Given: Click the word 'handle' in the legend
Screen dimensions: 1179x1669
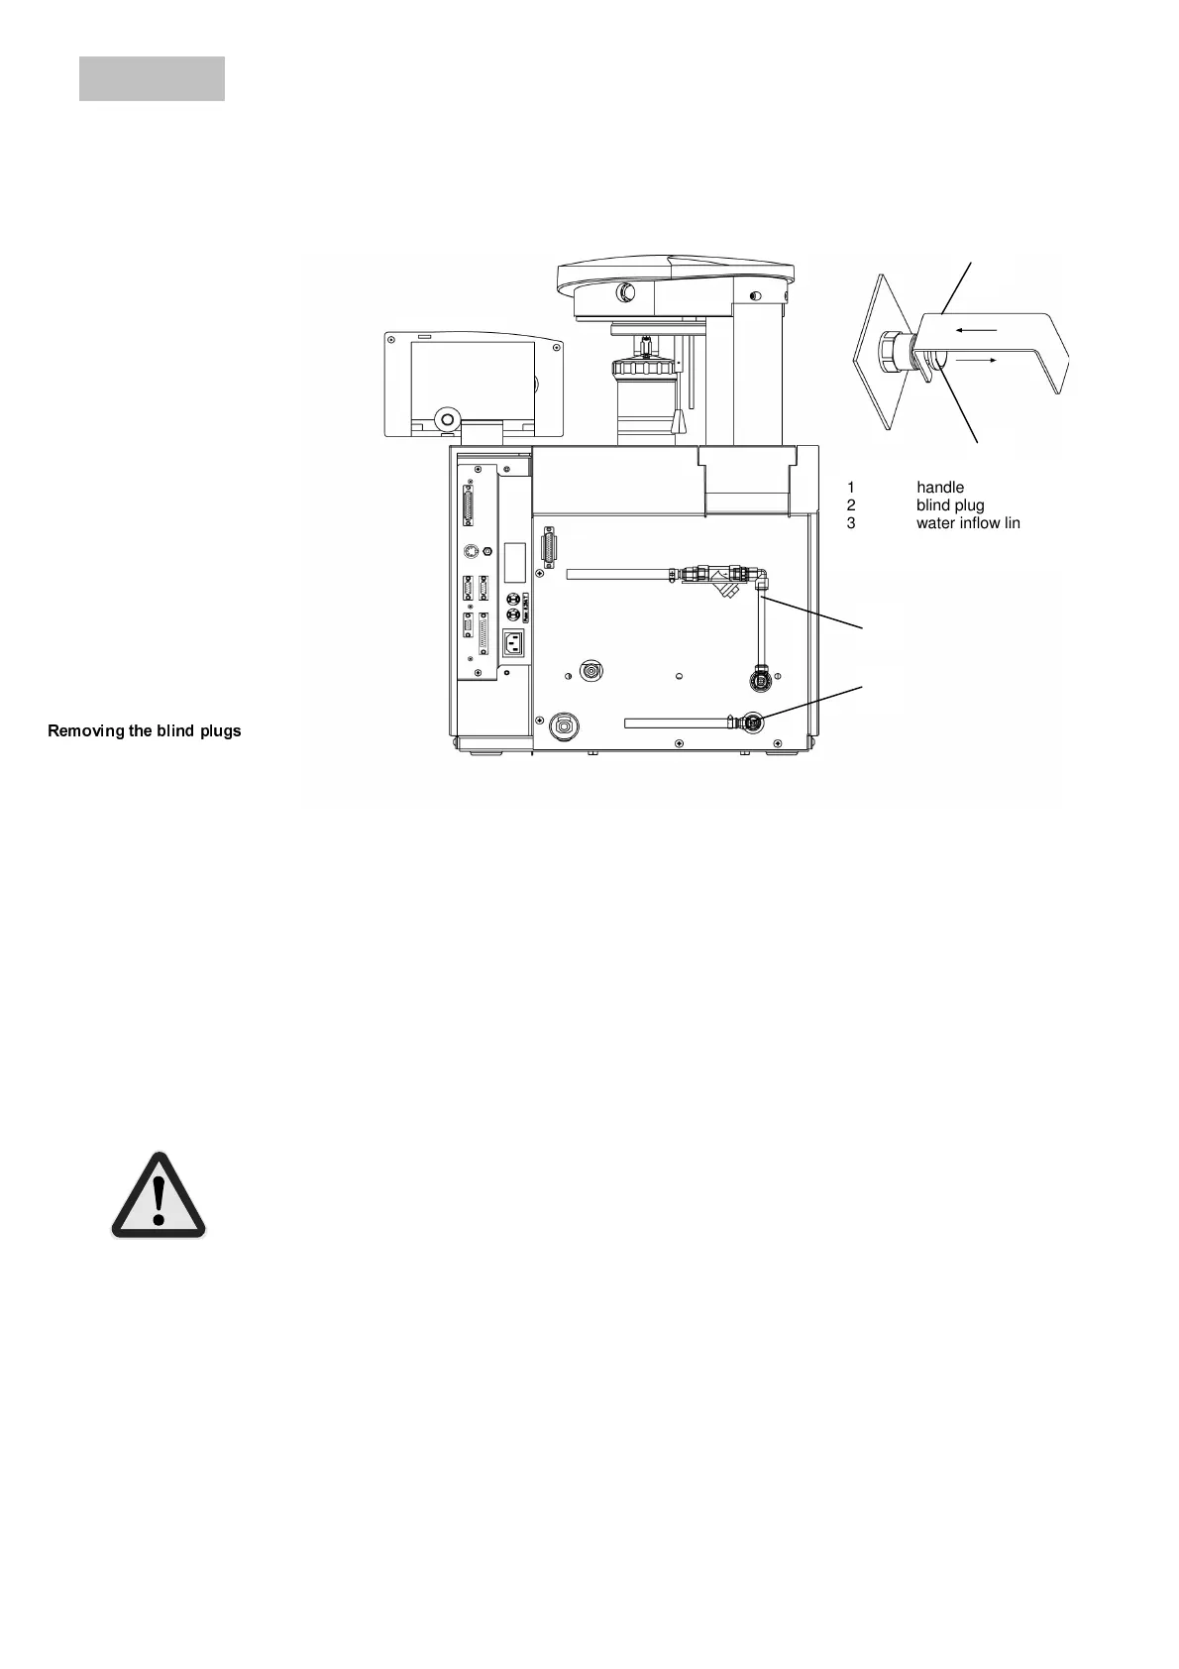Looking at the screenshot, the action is coord(939,488).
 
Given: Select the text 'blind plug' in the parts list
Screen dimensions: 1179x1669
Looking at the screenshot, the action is coord(949,505).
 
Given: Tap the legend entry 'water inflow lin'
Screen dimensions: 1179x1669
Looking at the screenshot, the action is coord(967,523).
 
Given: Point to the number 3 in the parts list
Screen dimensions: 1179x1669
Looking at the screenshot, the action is coord(851,523).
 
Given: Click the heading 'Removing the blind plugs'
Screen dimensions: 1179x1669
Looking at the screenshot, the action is coord(145,731).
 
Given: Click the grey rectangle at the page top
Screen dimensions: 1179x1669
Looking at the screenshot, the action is coord(152,78).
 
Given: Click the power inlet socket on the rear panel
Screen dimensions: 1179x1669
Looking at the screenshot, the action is coord(513,643).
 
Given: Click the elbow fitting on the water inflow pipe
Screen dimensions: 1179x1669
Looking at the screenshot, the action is coord(761,577).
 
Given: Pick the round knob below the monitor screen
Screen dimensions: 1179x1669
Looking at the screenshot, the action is coord(447,419).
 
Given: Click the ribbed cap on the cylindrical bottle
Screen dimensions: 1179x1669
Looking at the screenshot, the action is coord(645,369).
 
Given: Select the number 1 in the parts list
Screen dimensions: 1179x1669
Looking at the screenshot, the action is coord(851,488).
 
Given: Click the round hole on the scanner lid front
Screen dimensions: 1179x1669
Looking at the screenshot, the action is coord(626,293).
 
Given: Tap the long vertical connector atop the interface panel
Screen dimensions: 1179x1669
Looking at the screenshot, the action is coord(468,506).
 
